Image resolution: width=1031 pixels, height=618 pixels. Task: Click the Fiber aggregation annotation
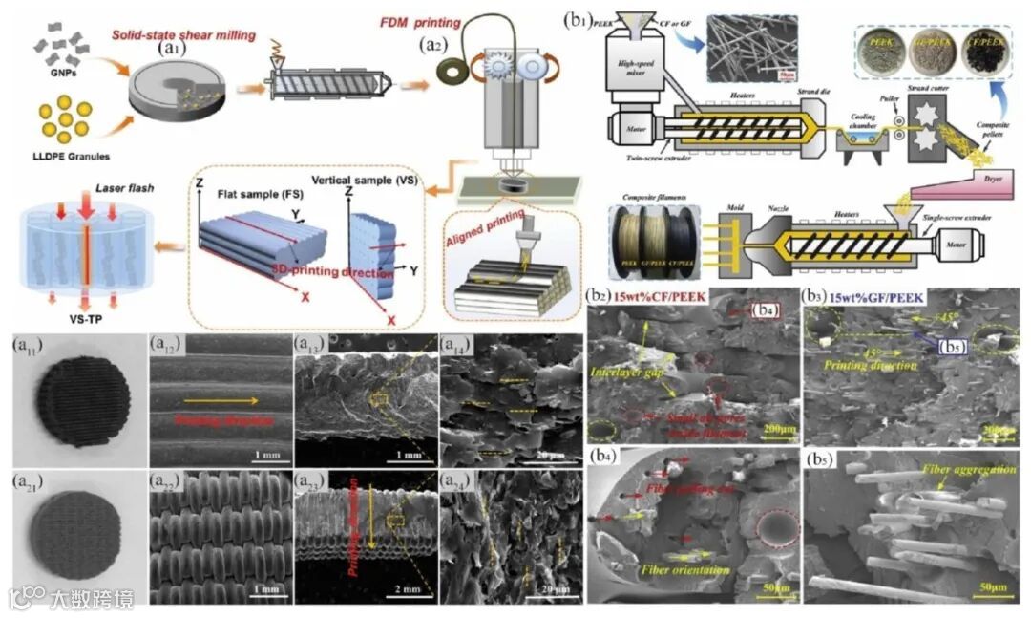[959, 470]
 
